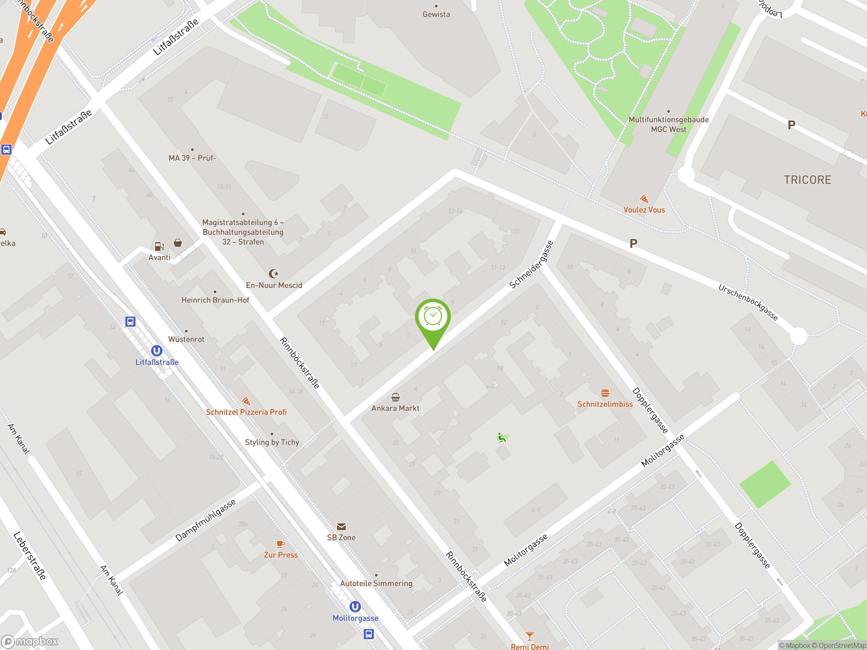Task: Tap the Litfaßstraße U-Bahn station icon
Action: click(156, 351)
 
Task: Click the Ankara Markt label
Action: click(395, 408)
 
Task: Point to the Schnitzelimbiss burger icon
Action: click(605, 393)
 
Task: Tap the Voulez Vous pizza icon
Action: click(644, 199)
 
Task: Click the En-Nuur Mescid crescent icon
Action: click(273, 274)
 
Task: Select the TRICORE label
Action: click(807, 180)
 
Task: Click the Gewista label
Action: click(436, 15)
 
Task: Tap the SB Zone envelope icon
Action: click(341, 526)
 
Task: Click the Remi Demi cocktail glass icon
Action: click(530, 635)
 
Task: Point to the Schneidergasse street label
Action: click(531, 264)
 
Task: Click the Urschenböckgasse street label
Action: click(748, 302)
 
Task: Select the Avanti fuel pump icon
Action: click(159, 246)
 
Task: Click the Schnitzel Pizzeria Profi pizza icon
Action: click(246, 401)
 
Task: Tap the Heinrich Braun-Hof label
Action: click(215, 300)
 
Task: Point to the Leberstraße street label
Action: click(30, 556)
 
